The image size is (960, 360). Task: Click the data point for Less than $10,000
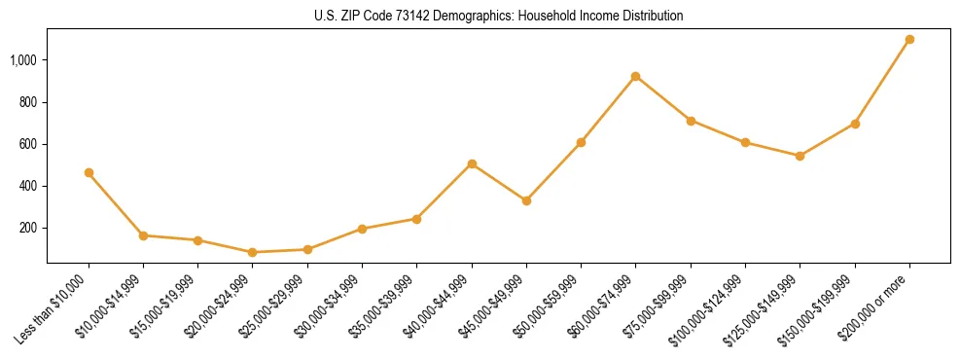pos(89,172)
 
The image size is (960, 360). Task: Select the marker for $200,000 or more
pos(909,40)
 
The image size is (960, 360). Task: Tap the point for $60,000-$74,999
pos(635,76)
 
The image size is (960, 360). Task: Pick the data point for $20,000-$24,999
pos(253,252)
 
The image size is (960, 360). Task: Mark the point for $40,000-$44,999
pos(472,163)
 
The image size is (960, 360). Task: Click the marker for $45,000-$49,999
pos(526,200)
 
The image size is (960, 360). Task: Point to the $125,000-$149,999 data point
pos(800,156)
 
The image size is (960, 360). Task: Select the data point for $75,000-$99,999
pos(691,121)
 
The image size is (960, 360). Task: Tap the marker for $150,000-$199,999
pos(855,124)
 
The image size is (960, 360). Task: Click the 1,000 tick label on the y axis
pos(22,60)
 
